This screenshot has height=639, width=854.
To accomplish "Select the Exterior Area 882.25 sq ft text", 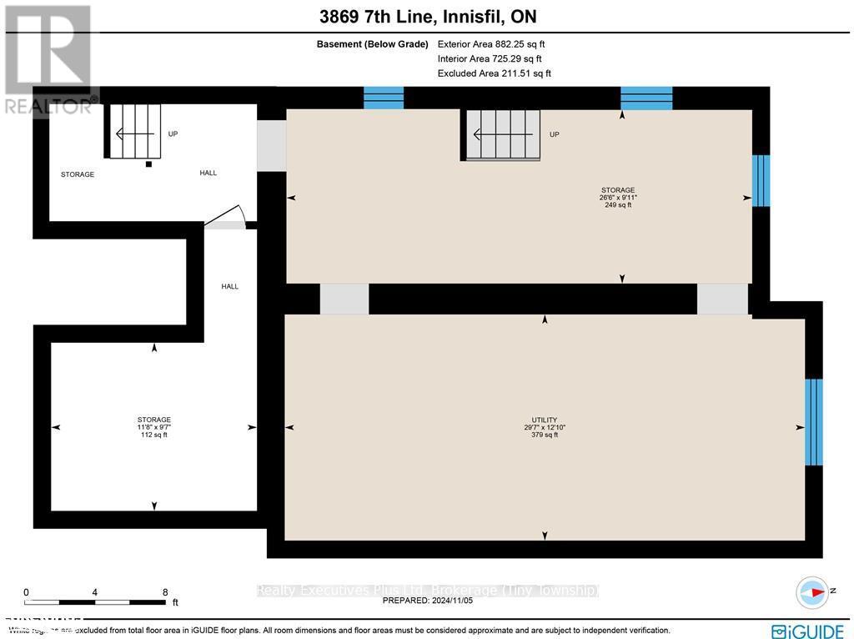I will (x=491, y=44).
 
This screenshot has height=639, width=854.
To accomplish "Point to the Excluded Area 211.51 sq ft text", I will (x=494, y=73).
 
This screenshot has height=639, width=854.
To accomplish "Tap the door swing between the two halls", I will (x=225, y=217).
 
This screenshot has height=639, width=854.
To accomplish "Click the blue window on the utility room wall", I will (x=813, y=421).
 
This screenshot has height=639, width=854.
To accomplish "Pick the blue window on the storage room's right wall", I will (x=761, y=180).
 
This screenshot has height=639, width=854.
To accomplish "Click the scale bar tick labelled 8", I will (x=165, y=592).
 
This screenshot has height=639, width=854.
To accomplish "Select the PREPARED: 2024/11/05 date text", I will (x=427, y=600).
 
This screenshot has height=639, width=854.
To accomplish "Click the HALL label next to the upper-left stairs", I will (x=208, y=173).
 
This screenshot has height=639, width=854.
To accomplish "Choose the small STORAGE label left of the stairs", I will (x=78, y=174).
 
